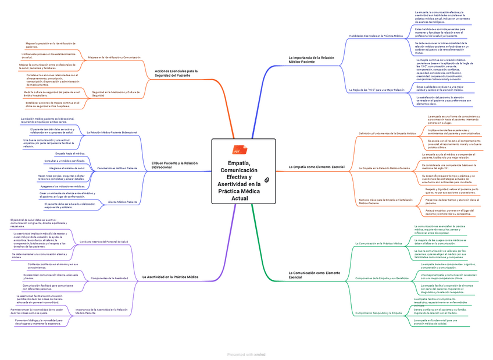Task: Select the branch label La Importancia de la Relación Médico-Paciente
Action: tap(312, 60)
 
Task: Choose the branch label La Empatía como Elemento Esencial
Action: tap(317, 167)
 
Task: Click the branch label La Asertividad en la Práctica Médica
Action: tap(170, 277)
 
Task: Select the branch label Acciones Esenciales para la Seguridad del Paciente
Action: tap(176, 73)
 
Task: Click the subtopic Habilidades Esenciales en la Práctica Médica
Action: tap(376, 35)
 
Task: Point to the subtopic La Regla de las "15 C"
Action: tap(377, 90)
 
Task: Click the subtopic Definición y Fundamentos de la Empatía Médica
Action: tap(387, 134)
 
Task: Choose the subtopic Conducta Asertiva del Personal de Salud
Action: tap(104, 241)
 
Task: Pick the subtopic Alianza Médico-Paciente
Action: tap(123, 202)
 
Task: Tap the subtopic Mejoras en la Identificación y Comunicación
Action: tap(114, 58)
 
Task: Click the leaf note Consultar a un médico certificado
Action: tap(65, 161)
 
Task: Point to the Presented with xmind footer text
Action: tap(246, 354)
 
